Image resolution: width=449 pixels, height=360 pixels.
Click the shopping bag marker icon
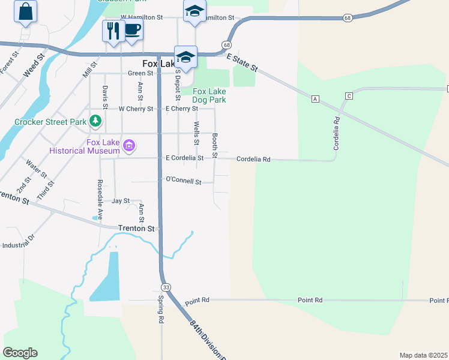(x=26, y=11)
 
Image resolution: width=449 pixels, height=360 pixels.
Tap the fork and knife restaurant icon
(x=113, y=29)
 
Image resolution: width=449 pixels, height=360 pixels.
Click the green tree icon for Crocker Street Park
(x=95, y=121)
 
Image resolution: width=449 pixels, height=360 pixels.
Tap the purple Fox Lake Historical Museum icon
(x=128, y=145)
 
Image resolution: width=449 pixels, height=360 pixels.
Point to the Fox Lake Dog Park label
(x=209, y=95)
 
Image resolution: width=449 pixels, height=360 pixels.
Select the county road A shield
(x=315, y=98)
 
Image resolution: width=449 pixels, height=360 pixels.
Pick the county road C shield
(x=348, y=96)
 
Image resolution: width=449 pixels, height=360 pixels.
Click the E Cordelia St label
(x=184, y=158)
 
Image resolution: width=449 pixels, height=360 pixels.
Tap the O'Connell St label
(x=183, y=179)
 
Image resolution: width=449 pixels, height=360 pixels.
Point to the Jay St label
(x=121, y=200)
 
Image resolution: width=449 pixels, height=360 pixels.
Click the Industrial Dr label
(x=19, y=245)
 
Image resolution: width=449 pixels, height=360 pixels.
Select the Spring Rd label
(x=161, y=310)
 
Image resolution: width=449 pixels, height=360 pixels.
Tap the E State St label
(x=242, y=62)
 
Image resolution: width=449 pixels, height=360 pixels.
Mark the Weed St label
(x=34, y=65)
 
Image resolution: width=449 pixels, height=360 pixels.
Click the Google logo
(x=20, y=353)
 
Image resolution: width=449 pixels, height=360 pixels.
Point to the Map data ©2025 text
(x=423, y=355)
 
